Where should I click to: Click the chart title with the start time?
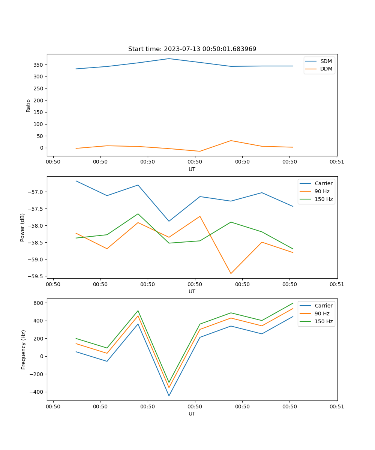pos(192,49)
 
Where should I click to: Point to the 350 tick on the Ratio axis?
pos(39,65)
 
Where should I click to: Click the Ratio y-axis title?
pos(28,105)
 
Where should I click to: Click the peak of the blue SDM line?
pos(169,58)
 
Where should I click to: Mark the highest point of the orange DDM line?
pos(231,141)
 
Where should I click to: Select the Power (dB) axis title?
pos(22,227)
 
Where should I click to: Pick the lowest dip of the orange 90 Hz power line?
pos(231,273)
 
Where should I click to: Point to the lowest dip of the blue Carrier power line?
pos(169,221)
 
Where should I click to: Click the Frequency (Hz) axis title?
pos(23,349)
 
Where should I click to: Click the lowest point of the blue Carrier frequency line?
pos(169,396)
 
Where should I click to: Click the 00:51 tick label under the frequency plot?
pos(336,406)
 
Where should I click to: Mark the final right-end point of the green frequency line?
pos(293,303)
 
